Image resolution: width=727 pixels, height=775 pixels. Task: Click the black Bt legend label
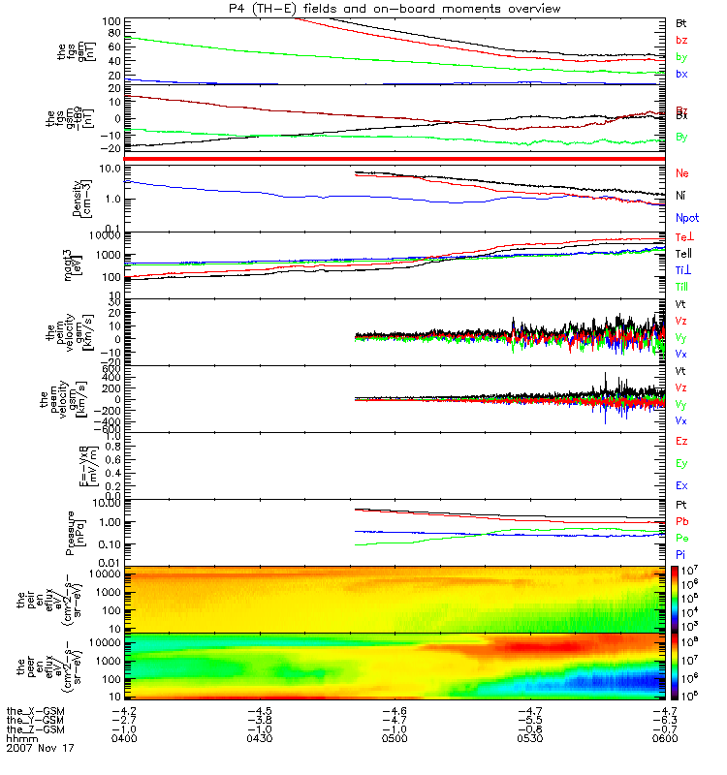pyautogui.click(x=681, y=21)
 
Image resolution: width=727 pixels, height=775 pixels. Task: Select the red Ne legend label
pyautogui.click(x=682, y=172)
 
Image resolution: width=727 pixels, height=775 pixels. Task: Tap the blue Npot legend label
pyautogui.click(x=687, y=219)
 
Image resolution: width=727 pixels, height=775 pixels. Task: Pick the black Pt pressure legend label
pyautogui.click(x=681, y=506)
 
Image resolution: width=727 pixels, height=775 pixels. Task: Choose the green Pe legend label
pyautogui.click(x=681, y=537)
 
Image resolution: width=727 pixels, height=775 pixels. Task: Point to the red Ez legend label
pyautogui.click(x=681, y=441)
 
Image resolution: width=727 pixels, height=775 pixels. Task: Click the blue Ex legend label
pyautogui.click(x=681, y=485)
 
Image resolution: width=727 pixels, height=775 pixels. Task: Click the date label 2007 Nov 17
pyautogui.click(x=40, y=749)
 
